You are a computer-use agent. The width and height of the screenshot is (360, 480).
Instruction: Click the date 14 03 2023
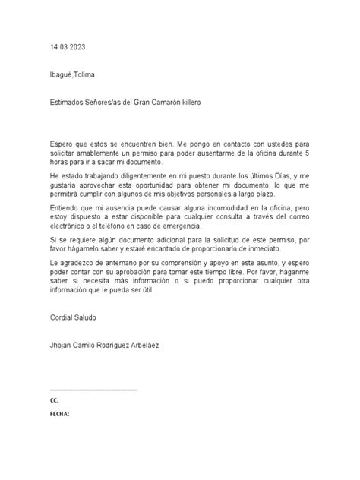click(x=66, y=46)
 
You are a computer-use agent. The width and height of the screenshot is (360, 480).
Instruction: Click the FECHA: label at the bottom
click(x=59, y=415)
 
